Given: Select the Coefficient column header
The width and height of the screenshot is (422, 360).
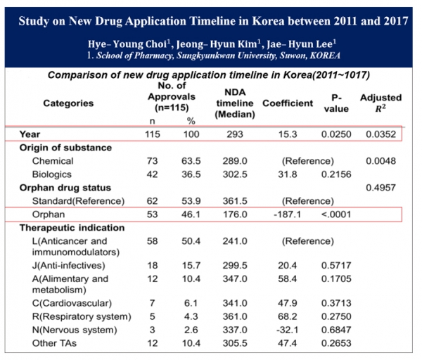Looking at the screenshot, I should coord(288,103).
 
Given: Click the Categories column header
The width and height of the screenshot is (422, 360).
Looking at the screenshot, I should coord(68,103).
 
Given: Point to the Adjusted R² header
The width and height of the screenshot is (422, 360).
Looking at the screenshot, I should coord(381,103).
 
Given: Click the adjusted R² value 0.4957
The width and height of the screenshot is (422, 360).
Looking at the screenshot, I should coord(381,188).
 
